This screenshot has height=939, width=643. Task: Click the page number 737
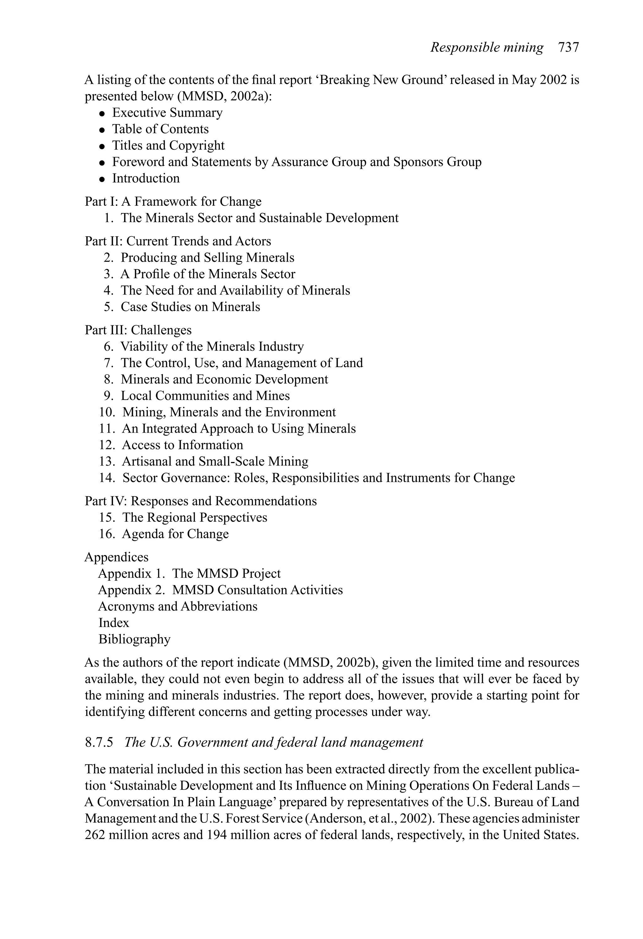[568, 48]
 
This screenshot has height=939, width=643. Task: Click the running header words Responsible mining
[487, 48]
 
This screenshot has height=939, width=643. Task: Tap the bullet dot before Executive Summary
[103, 114]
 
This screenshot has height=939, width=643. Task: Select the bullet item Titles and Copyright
[168, 146]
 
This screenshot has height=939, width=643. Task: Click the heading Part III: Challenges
[138, 330]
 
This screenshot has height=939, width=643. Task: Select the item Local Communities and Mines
[205, 396]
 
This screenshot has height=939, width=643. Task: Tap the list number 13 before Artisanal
[107, 461]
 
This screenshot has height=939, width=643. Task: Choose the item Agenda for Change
[175, 534]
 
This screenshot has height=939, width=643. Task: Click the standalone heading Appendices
[116, 557]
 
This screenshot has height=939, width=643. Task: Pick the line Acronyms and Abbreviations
[177, 606]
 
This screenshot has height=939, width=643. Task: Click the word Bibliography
[134, 639]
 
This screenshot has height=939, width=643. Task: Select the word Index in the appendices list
[114, 623]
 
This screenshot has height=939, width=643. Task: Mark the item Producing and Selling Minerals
[208, 258]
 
